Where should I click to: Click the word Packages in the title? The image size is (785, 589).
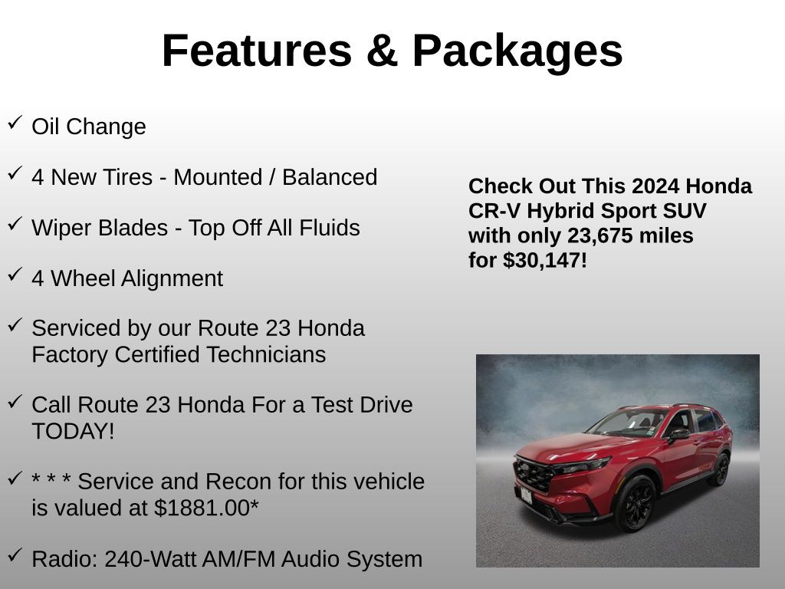tap(517, 51)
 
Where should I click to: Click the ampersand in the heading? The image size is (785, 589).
tap(381, 51)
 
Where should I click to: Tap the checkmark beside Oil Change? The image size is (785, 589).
tap(15, 123)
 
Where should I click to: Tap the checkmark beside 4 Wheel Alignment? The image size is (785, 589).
tap(15, 275)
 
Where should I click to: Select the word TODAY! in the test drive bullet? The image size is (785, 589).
tap(73, 431)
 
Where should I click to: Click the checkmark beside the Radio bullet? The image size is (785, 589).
tap(15, 555)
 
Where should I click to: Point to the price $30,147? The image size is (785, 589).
tap(545, 261)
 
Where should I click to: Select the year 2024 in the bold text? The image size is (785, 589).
tap(656, 186)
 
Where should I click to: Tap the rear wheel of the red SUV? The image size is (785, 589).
tap(720, 469)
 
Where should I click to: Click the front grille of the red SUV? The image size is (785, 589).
tap(534, 475)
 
